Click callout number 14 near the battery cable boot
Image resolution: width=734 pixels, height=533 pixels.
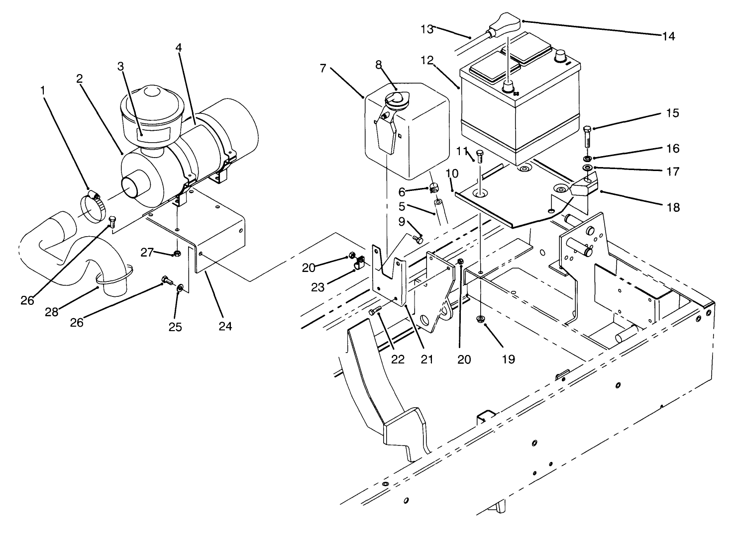click(668, 36)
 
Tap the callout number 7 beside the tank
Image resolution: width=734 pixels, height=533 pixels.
click(323, 68)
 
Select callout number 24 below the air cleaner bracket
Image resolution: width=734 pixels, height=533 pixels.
click(224, 326)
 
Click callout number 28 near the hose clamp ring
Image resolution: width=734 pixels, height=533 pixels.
click(52, 312)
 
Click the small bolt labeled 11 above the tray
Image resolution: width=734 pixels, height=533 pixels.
click(480, 156)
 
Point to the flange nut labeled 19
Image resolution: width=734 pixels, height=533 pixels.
click(481, 319)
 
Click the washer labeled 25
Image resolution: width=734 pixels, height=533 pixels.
click(180, 288)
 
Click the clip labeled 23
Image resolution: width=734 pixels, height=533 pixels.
click(359, 264)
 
